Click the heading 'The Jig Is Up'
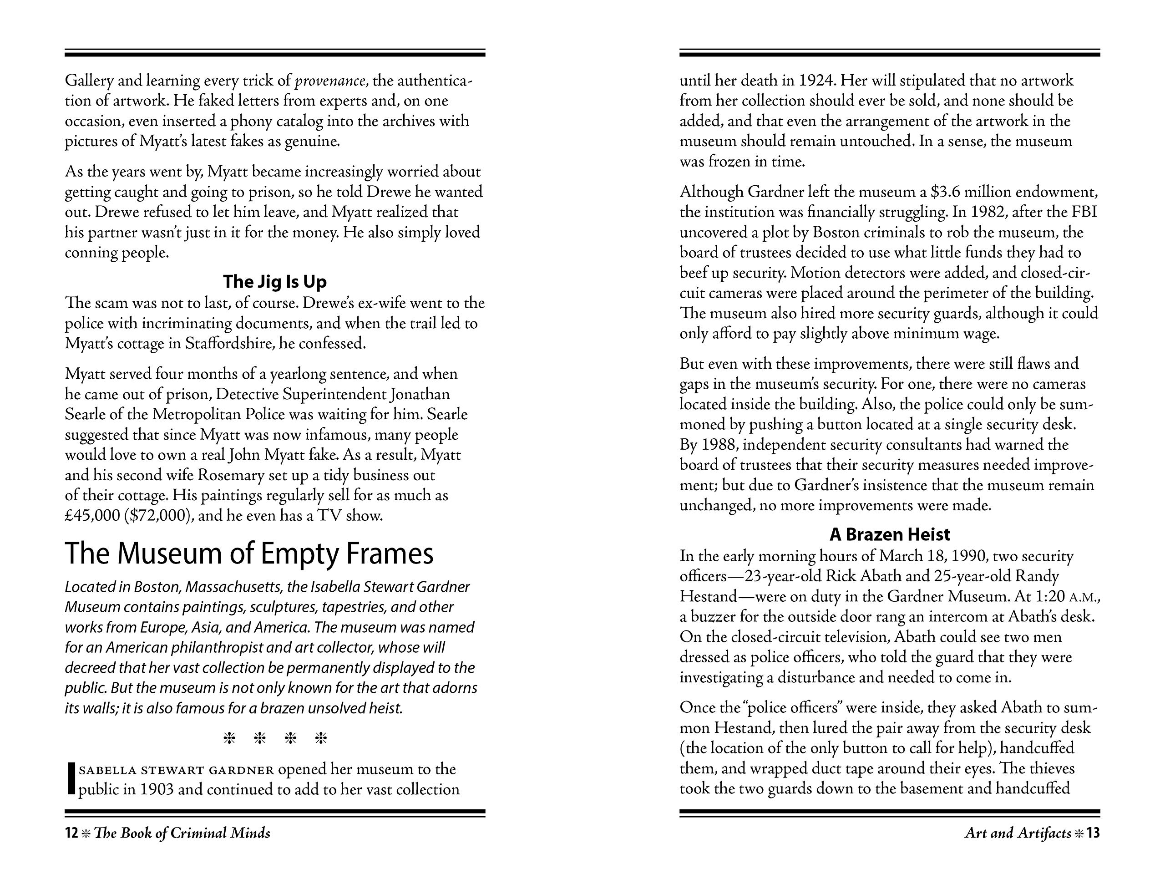(274, 281)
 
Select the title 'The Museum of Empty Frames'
(248, 554)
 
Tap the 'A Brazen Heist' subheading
(890, 534)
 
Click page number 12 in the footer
(71, 833)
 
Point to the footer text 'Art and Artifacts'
(1018, 833)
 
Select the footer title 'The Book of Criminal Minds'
(182, 833)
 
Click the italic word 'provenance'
(329, 81)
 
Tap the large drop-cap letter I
(71, 779)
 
